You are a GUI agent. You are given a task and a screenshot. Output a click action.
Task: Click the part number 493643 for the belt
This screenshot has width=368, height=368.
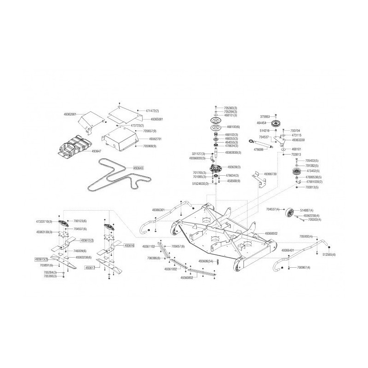(x=138, y=168)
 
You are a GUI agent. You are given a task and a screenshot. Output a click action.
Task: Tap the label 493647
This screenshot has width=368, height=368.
(x=97, y=150)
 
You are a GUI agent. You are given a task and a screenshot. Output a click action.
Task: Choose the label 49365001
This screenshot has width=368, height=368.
(x=157, y=119)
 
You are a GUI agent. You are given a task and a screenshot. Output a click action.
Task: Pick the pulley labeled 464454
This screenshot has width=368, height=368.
(x=276, y=124)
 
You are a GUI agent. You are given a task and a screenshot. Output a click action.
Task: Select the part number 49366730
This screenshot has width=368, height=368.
(x=270, y=174)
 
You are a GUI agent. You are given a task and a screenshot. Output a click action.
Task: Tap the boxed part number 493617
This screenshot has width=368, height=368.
(x=90, y=267)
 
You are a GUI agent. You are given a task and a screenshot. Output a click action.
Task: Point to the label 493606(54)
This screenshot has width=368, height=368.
(x=206, y=261)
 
